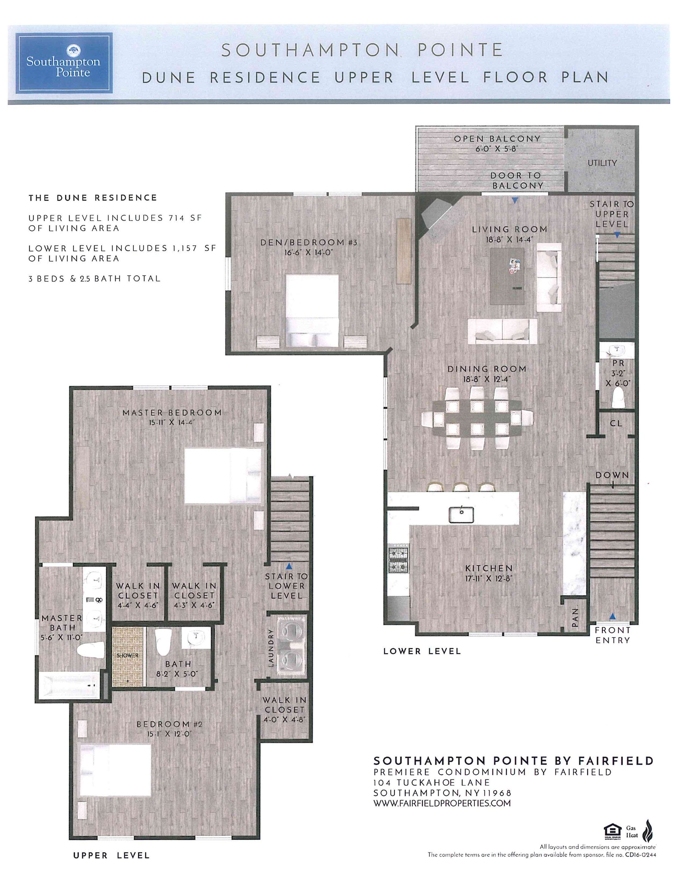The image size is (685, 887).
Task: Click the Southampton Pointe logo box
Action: coord(64,63)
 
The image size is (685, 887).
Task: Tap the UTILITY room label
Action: coord(602,163)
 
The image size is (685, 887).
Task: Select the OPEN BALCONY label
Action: coord(497,139)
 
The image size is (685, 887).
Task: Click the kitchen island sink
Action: coord(461,515)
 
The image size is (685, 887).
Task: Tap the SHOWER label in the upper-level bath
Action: coord(127,656)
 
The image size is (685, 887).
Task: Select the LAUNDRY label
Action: coord(272,648)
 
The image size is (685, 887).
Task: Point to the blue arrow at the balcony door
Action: coord(515,200)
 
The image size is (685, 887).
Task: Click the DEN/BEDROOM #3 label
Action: coord(309,242)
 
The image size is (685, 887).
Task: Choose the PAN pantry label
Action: coord(575,617)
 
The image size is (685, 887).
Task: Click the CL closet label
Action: coord(616,423)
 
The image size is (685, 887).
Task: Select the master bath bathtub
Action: coord(71,685)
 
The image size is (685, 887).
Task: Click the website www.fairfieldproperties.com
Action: coord(442,803)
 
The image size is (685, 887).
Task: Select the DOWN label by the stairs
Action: coord(612,475)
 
